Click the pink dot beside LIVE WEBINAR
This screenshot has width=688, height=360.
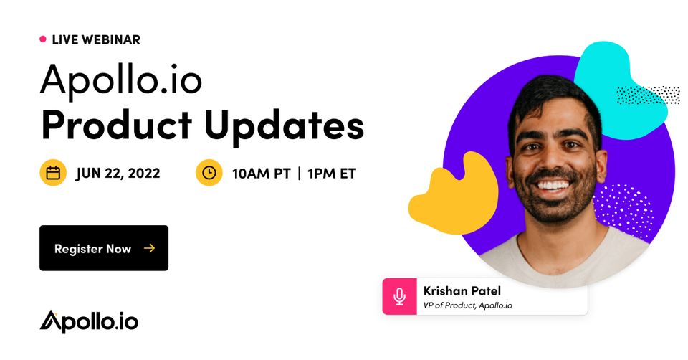click(42, 39)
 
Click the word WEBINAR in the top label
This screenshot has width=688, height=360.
click(111, 39)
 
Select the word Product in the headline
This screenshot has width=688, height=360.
click(117, 125)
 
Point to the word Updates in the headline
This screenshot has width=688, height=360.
click(284, 126)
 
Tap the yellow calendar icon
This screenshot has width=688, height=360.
click(53, 173)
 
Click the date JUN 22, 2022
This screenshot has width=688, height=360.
click(118, 173)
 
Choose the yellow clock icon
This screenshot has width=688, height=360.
click(209, 173)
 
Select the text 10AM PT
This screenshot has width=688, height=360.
click(261, 174)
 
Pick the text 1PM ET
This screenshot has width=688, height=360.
click(331, 174)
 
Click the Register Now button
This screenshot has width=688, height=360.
click(104, 248)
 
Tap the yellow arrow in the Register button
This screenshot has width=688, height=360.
click(149, 249)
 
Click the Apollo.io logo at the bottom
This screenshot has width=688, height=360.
click(89, 322)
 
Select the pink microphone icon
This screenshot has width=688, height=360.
click(399, 296)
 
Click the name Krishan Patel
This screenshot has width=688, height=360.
click(462, 290)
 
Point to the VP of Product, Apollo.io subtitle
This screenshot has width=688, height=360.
click(468, 305)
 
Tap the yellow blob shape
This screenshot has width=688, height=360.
click(454, 194)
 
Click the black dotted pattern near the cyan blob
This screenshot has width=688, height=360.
click(648, 95)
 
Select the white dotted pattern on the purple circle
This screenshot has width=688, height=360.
click(623, 210)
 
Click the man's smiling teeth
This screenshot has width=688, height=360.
click(554, 185)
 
